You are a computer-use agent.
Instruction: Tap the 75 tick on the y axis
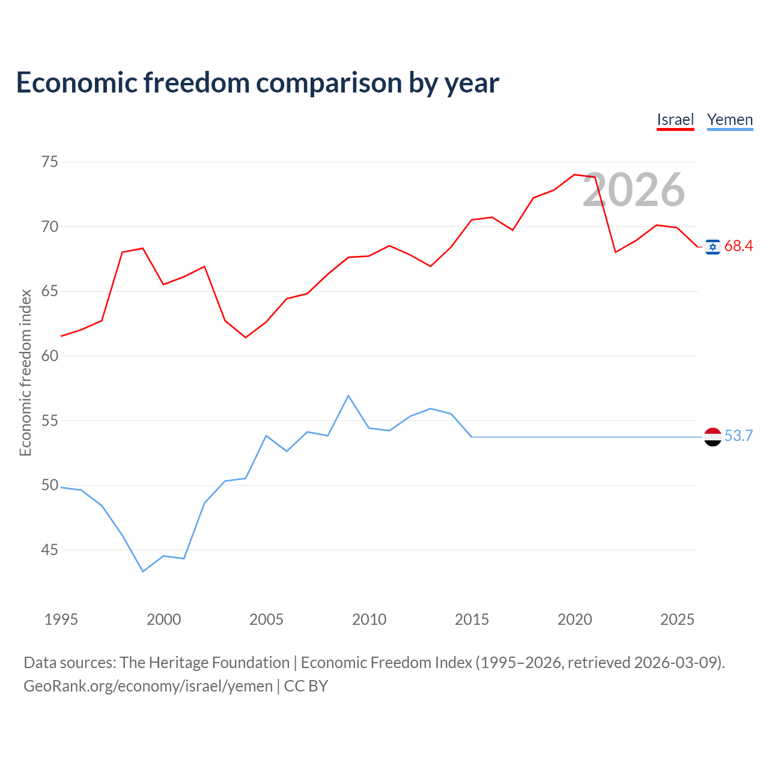tap(49, 162)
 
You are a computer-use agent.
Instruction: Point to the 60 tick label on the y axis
tap(49, 356)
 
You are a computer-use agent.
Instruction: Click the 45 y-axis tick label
tap(49, 550)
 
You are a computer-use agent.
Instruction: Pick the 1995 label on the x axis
tap(61, 619)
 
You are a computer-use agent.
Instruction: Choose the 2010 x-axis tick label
tap(369, 619)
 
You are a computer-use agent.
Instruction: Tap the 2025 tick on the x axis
tap(677, 619)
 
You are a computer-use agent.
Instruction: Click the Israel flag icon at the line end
tap(713, 247)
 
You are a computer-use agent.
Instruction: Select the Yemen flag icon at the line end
tap(713, 437)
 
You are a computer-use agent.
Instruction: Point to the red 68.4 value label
tap(738, 246)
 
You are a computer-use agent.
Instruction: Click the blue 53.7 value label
tap(738, 436)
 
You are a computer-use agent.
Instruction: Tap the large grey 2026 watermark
tap(634, 190)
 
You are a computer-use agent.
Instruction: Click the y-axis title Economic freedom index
tap(25, 372)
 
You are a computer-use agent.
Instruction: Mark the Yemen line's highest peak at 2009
tap(348, 395)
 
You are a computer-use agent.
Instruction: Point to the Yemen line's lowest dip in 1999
tap(143, 571)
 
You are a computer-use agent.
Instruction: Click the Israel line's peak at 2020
tap(574, 174)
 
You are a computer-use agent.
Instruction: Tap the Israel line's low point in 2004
tap(246, 338)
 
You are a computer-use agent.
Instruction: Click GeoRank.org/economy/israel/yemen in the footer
tap(148, 687)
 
